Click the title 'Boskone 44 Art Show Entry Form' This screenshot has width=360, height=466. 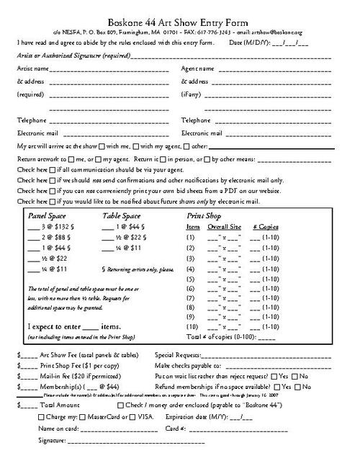(x=179, y=7)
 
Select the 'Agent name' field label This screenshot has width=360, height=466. (x=197, y=68)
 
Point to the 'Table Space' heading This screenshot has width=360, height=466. (x=122, y=215)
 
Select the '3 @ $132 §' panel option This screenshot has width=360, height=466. (x=55, y=225)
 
